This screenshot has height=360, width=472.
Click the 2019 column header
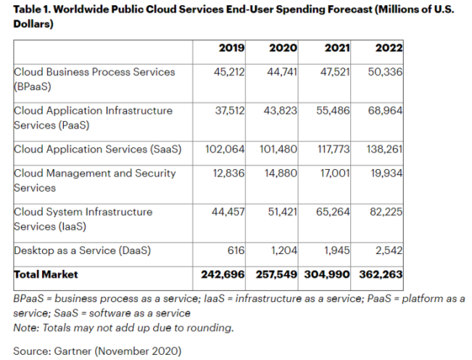pyautogui.click(x=231, y=49)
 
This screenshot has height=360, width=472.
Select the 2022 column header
pyautogui.click(x=389, y=49)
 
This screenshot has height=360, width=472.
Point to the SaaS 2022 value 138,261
pyautogui.click(x=384, y=150)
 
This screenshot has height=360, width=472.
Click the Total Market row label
pyautogui.click(x=46, y=275)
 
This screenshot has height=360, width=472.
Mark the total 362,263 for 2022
pyautogui.click(x=380, y=275)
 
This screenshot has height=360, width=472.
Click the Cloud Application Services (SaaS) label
pyautogui.click(x=97, y=150)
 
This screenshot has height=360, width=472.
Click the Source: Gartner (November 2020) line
pyautogui.click(x=96, y=351)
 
